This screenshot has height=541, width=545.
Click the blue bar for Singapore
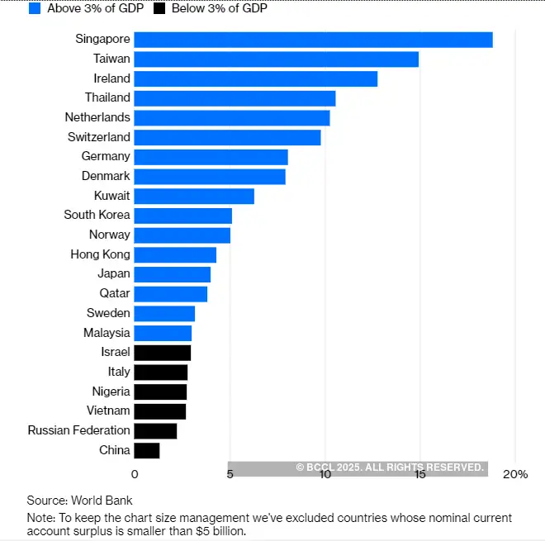coord(313,40)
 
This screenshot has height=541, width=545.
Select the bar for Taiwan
coord(276,59)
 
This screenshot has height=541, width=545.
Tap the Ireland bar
coord(255,78)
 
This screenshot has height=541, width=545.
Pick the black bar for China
coord(146,450)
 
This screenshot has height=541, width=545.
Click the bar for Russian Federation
coord(155,431)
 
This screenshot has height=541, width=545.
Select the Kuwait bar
coord(194,196)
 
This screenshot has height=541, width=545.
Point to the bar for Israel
coord(162,353)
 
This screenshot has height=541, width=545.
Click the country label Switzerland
coord(99,137)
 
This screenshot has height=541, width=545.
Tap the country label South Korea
coord(97,215)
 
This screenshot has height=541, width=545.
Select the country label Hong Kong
coord(100,254)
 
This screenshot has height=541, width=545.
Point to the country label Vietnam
coord(108,410)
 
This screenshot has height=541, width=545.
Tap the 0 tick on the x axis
coord(135,474)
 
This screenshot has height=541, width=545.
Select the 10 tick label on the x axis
coord(325,474)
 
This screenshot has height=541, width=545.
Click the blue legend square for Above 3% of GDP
coord(35,8)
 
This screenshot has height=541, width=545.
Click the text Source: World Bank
coord(79,501)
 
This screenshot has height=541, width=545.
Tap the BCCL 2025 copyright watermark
coord(389,467)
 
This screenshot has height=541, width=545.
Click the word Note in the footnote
coord(40,518)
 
